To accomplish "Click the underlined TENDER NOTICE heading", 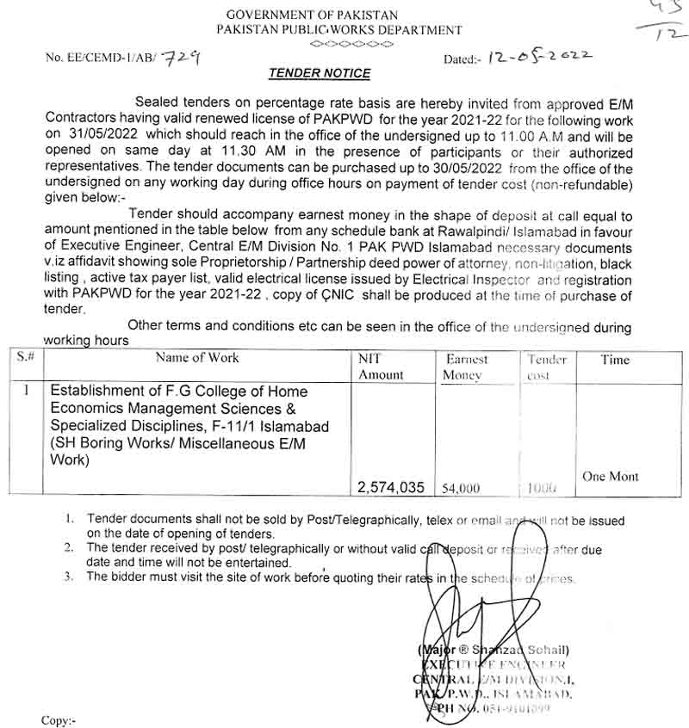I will click(319, 74).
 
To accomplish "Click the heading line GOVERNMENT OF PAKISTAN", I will click(312, 15).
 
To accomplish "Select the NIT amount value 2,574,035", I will click(391, 487).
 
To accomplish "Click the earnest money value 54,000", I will click(461, 488).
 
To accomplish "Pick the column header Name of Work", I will click(197, 358).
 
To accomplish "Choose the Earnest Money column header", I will click(466, 367).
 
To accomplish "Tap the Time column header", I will click(615, 360).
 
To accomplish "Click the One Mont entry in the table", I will click(611, 476).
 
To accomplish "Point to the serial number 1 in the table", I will click(27, 390).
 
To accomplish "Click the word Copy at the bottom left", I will click(59, 719).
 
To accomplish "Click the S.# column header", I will click(26, 356).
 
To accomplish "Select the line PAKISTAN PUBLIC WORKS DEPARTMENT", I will click(339, 30).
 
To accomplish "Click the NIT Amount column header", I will click(380, 367).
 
